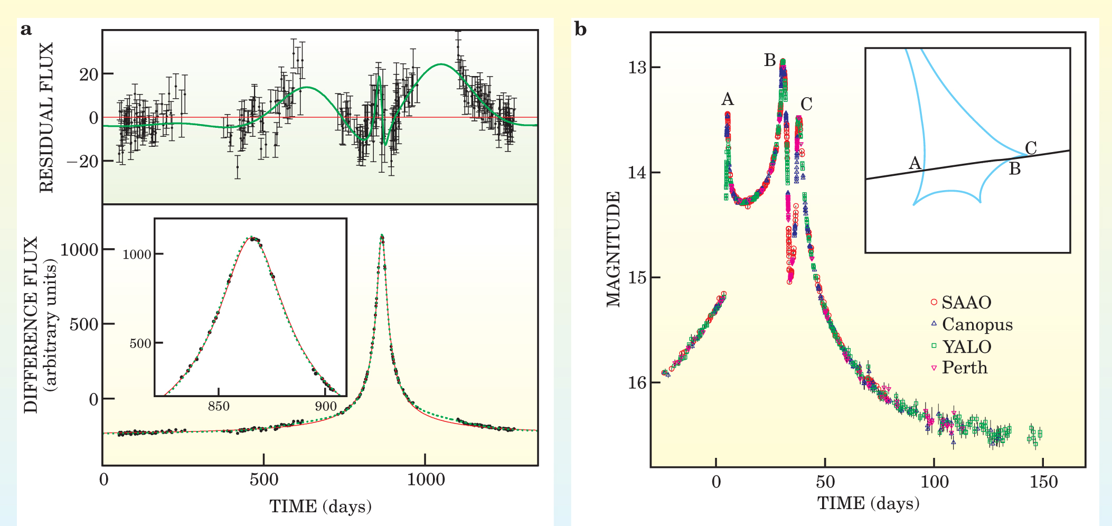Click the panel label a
(x=26, y=30)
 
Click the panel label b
(x=580, y=29)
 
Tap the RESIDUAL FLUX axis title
(x=46, y=117)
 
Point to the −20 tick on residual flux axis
(x=82, y=161)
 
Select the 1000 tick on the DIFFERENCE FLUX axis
(x=79, y=249)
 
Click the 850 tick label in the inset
(x=219, y=406)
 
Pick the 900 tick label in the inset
(x=326, y=406)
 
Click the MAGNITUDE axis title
(x=613, y=249)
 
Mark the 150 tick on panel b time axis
(x=1043, y=482)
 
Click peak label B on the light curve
(x=770, y=61)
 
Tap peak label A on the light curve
(x=728, y=99)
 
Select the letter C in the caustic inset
(x=1030, y=148)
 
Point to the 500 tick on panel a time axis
(x=263, y=480)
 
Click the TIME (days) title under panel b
(x=868, y=503)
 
